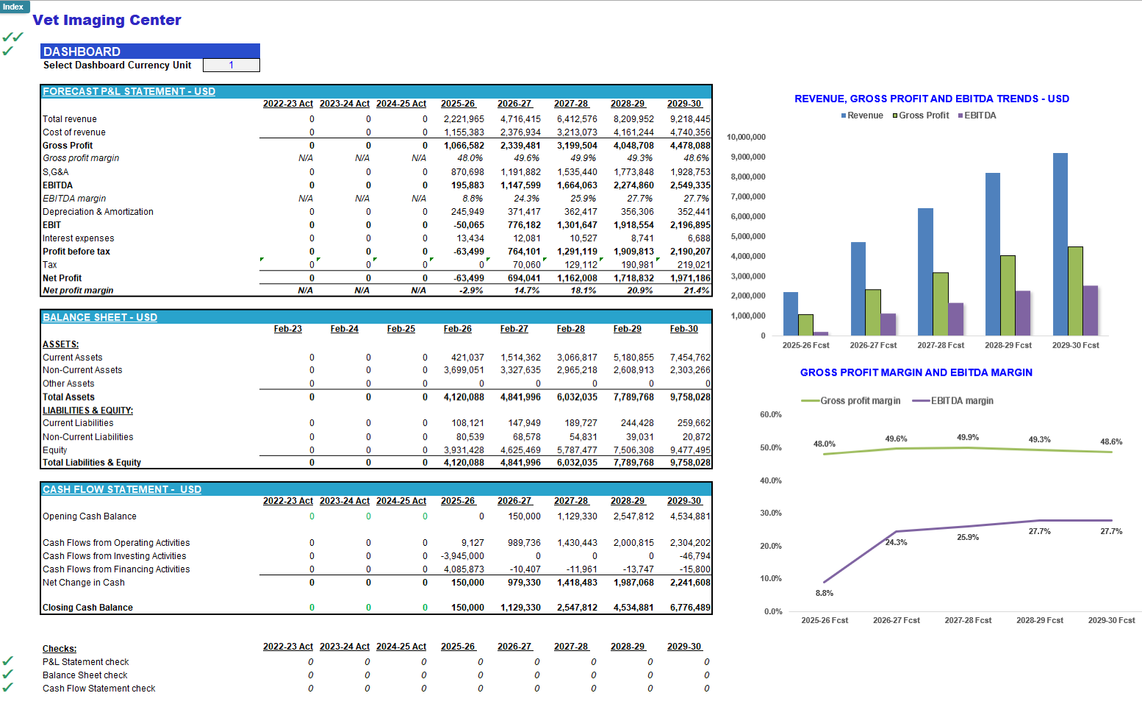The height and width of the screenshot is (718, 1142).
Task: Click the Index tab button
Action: (14, 7)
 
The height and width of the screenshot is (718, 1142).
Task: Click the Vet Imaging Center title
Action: (107, 20)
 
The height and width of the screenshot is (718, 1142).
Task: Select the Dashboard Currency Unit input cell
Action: (231, 65)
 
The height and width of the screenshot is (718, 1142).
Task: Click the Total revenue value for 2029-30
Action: (690, 119)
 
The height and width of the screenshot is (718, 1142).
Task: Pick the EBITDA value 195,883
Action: (467, 185)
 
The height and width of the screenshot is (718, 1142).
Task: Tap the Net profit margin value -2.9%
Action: (470, 291)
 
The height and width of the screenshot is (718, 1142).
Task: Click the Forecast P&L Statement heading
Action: (129, 91)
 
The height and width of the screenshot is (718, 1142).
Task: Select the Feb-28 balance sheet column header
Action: (570, 329)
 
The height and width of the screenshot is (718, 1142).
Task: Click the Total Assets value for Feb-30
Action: (690, 397)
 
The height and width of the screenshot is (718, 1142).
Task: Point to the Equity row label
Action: (54, 450)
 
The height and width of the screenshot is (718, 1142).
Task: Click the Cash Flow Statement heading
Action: (122, 489)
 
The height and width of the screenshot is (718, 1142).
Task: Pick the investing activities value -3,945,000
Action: (462, 556)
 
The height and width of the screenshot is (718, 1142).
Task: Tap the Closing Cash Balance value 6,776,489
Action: (690, 608)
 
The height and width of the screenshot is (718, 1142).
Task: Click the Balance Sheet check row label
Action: (85, 675)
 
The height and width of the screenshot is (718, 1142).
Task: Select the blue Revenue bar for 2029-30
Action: (1060, 244)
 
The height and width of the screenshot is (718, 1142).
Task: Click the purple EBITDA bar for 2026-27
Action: (888, 324)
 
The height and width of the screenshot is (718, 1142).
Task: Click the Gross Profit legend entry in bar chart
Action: (921, 115)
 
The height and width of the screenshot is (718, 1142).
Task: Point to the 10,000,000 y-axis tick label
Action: (746, 137)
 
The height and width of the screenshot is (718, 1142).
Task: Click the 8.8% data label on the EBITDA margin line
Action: (825, 593)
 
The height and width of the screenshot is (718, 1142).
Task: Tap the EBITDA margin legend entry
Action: (953, 401)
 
